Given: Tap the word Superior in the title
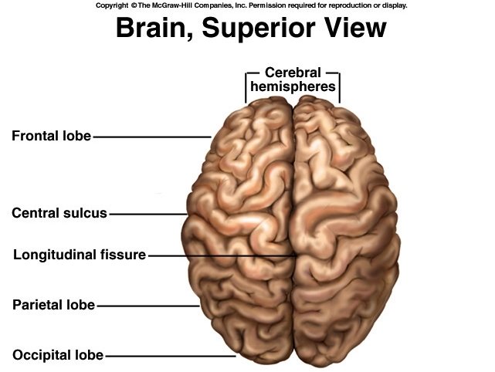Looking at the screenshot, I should pos(259,29).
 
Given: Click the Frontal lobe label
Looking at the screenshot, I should pos(51,137).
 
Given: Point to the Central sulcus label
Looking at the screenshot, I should pos(59,213).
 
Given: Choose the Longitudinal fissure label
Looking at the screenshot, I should pos(80,254).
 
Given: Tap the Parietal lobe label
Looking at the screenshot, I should pos(53,305).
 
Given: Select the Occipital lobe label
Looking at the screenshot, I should pos(58,356).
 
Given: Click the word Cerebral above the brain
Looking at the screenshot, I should pos(293,73).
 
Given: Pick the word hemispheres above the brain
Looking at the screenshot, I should pos(293,87).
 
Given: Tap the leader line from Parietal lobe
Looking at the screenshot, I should pos(147,306).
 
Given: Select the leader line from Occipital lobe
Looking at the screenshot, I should pos(170,357).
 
